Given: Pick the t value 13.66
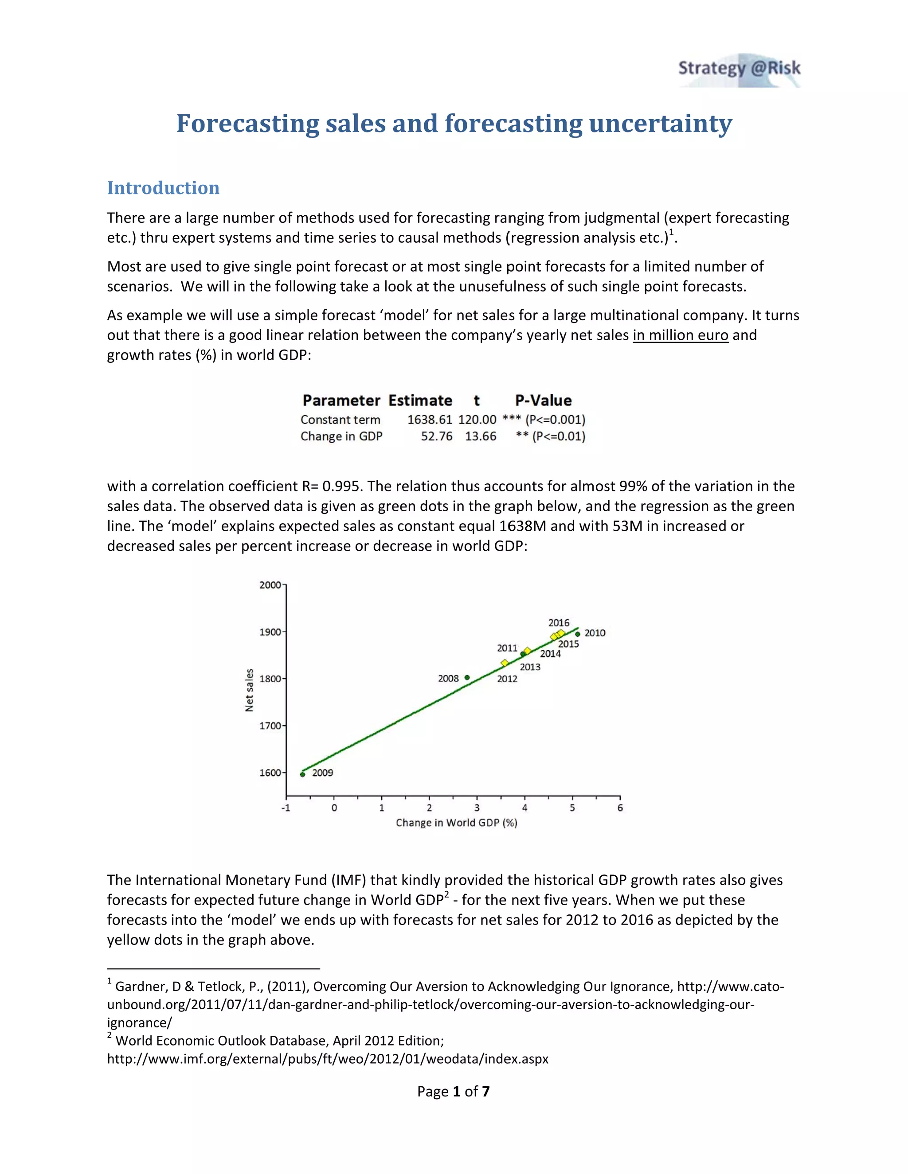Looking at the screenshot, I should click(x=480, y=436).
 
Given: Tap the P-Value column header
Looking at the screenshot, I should click(x=543, y=400).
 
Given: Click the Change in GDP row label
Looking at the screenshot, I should click(x=341, y=436).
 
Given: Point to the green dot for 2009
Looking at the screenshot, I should click(x=302, y=774).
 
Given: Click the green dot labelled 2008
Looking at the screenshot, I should click(x=467, y=677).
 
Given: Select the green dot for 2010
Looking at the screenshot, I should click(x=578, y=634).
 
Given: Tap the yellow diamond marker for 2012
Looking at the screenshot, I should click(x=505, y=663).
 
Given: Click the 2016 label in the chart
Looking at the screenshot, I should click(x=558, y=622).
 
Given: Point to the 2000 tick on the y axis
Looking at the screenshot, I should click(x=270, y=585).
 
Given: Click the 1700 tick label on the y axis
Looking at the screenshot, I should click(x=270, y=726).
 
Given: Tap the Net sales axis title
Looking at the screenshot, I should click(x=249, y=690).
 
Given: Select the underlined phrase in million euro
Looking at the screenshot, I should click(x=680, y=335).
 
